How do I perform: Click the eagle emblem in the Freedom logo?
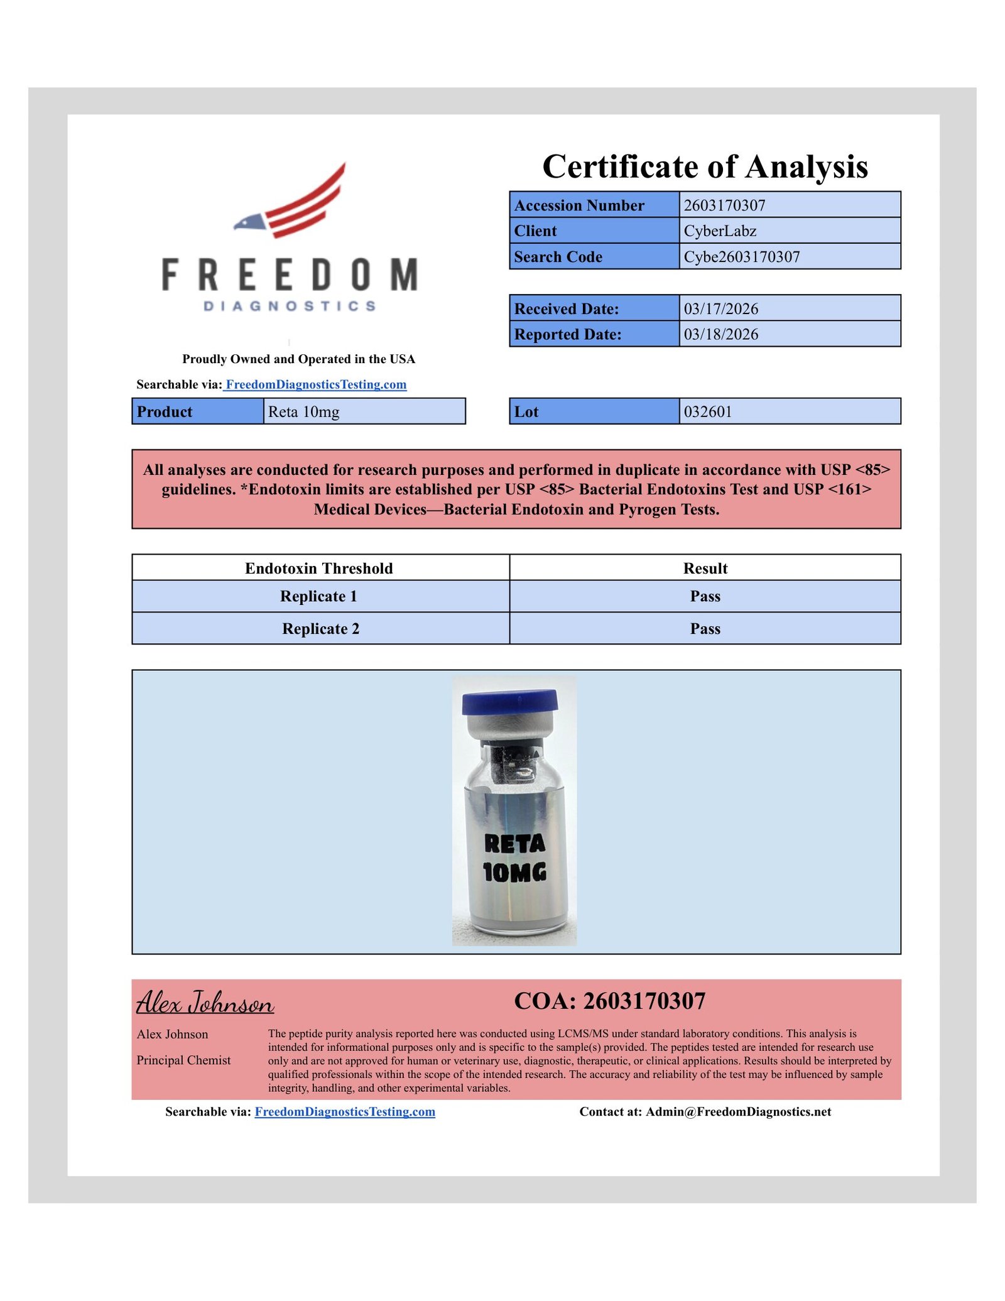(290, 202)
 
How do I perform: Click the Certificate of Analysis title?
(705, 166)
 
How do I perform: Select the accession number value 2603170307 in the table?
(724, 205)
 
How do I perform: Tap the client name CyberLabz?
(720, 231)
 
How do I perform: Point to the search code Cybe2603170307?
(741, 257)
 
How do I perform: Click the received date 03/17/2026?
(720, 308)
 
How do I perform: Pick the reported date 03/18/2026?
(720, 334)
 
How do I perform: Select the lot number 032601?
(707, 412)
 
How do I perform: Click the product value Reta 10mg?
(303, 412)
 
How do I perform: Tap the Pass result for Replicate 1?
(705, 596)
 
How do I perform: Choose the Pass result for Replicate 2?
(705, 629)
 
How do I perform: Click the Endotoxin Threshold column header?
(319, 569)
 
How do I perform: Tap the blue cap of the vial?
(509, 702)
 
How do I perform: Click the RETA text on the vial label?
(514, 844)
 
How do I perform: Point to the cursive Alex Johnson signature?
(205, 1003)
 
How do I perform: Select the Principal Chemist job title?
(183, 1060)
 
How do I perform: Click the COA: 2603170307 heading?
(609, 1001)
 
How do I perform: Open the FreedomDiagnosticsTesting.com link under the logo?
(315, 384)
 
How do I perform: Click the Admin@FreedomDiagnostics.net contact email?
(738, 1112)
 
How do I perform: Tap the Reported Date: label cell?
(567, 334)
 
